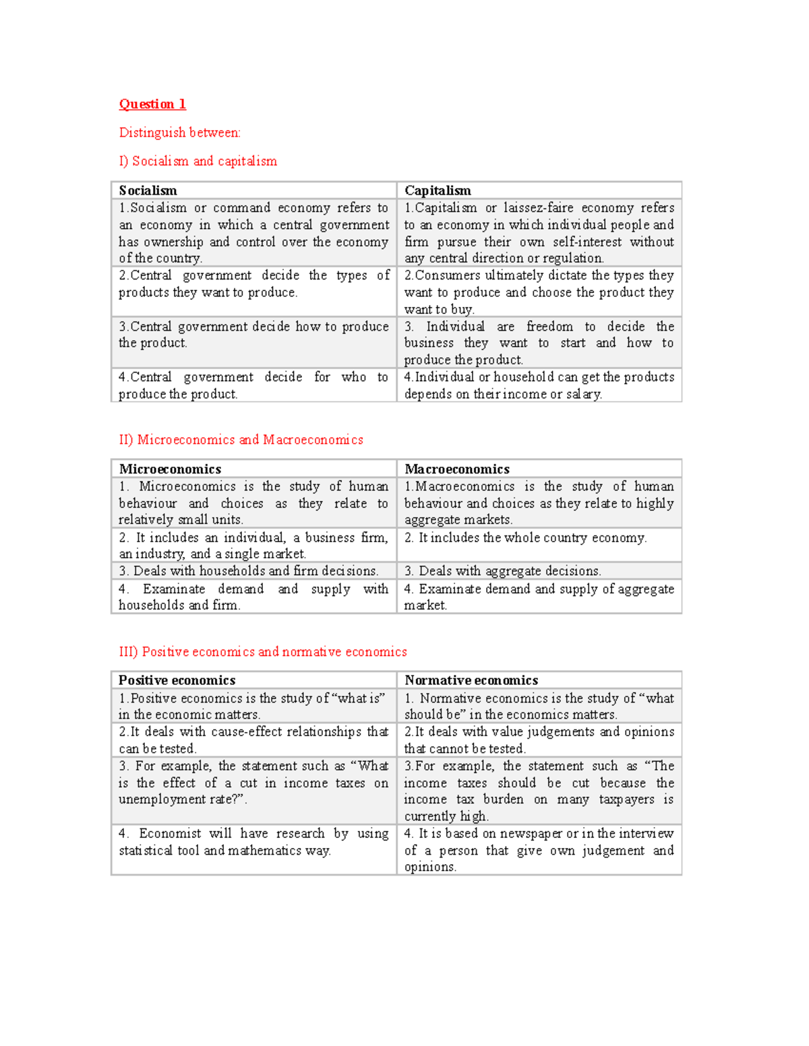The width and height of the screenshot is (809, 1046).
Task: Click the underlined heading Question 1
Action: [152, 104]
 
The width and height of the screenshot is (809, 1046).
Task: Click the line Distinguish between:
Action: [179, 133]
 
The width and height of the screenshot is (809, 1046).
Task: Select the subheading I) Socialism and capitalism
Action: [198, 161]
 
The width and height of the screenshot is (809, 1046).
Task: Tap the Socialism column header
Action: [148, 191]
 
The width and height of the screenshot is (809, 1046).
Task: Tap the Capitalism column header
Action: [438, 191]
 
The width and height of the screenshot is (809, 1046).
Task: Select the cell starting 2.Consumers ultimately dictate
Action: [539, 292]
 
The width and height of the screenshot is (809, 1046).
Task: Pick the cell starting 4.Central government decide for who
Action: [253, 385]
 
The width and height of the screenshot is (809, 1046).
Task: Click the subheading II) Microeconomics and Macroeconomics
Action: [241, 440]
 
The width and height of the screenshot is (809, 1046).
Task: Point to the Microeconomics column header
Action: [170, 469]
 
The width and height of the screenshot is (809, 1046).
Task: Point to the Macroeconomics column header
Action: [456, 469]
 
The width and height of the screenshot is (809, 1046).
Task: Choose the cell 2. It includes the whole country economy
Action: [525, 537]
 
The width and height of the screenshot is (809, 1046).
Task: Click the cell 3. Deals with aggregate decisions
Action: [502, 571]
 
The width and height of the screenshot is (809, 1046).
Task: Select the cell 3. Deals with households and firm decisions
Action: [248, 571]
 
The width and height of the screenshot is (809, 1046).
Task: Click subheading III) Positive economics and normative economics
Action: [263, 652]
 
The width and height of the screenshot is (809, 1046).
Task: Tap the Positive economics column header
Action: [177, 680]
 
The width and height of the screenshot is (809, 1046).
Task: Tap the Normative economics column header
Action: [471, 680]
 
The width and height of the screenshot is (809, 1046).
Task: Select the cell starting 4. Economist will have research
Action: [253, 842]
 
